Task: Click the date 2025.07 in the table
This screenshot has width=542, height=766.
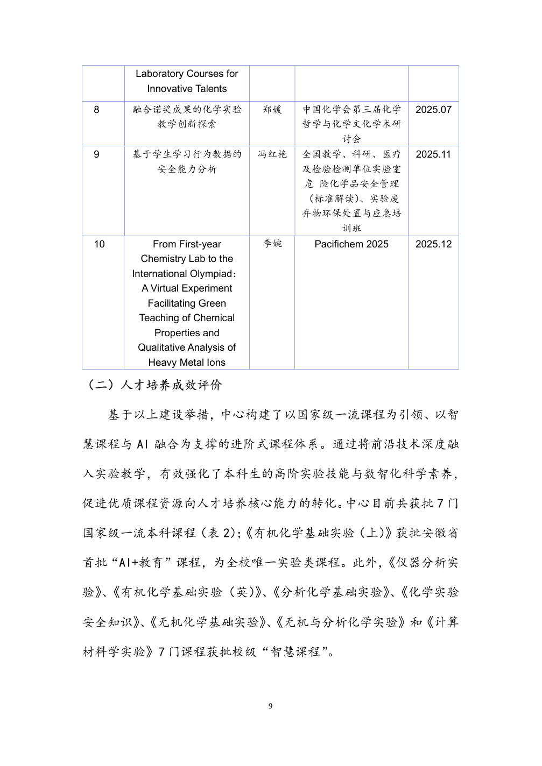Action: (x=433, y=110)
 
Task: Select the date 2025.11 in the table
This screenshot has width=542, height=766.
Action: (x=433, y=154)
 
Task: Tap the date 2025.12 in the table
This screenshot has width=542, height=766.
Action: (x=433, y=244)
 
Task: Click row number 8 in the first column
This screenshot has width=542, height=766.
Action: (x=97, y=110)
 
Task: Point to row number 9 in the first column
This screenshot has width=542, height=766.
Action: (x=97, y=154)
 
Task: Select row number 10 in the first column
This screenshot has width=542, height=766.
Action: (x=100, y=244)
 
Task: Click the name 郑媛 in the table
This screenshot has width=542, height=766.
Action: (x=272, y=110)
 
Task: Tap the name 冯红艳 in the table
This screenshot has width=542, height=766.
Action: (x=272, y=154)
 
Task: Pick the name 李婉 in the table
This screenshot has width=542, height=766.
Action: (x=272, y=244)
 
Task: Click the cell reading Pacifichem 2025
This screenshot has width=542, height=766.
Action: (x=351, y=244)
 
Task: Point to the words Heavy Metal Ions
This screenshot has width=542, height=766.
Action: (x=187, y=363)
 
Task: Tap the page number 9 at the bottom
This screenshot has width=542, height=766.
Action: (x=270, y=706)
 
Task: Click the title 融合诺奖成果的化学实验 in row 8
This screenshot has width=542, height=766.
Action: (x=187, y=110)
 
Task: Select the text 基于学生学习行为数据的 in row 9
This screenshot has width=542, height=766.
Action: (x=187, y=154)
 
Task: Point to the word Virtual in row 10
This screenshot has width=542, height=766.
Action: (x=165, y=288)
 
